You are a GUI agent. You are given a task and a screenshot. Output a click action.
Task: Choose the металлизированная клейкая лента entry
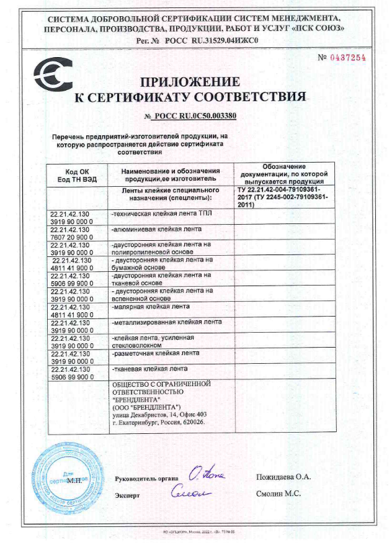[165, 323]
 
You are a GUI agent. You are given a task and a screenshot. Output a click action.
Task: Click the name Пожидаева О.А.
[283, 477]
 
